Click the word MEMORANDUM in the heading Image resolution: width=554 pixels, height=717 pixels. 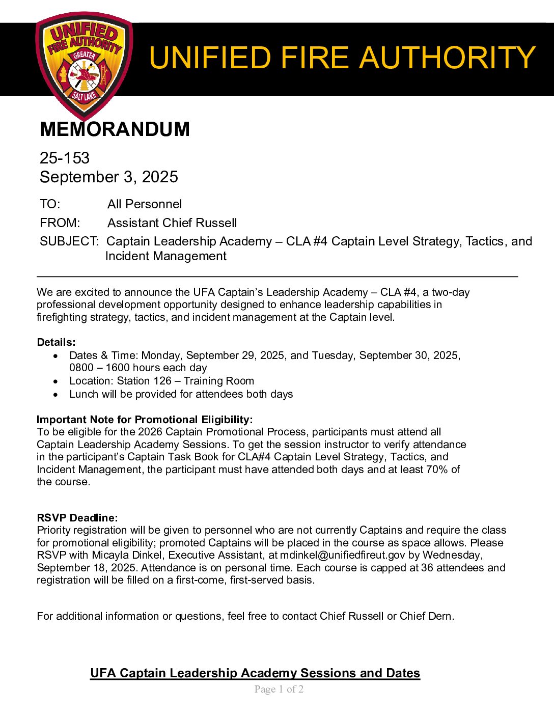[115, 129]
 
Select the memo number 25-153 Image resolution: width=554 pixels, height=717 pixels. [65, 158]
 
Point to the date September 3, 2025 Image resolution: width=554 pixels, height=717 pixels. [108, 177]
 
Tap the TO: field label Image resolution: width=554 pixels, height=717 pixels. [50, 204]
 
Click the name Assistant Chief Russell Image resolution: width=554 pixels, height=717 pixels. [172, 223]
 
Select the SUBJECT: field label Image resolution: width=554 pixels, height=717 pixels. [69, 241]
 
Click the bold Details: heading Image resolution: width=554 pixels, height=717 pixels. [56, 342]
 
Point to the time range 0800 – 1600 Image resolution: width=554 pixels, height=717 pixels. [107, 368]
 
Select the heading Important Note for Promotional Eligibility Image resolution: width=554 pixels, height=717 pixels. [145, 420]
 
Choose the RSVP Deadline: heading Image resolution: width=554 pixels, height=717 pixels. [77, 518]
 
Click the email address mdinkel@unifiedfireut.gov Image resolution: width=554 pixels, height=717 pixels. [342, 555]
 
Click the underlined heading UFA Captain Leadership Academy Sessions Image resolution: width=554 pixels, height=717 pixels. [255, 673]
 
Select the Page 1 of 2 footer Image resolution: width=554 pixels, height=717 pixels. [279, 690]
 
